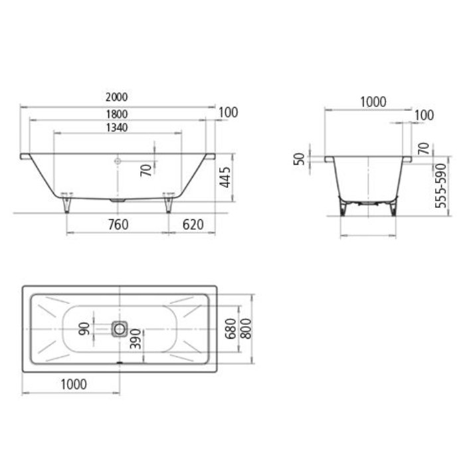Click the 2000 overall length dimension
[116, 98]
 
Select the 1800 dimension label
[116, 113]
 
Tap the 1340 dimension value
[116, 127]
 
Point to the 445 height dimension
[225, 178]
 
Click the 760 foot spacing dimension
[117, 225]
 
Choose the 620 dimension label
[193, 225]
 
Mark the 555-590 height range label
[440, 186]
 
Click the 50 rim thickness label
[300, 159]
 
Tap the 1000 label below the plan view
[72, 384]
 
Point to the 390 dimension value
[135, 339]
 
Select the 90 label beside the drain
[84, 327]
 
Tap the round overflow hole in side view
[118, 160]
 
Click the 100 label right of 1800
[227, 112]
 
